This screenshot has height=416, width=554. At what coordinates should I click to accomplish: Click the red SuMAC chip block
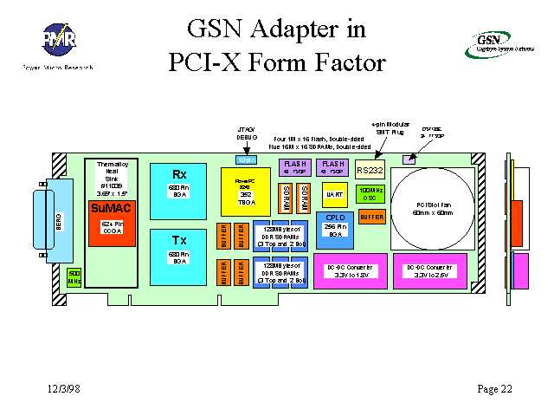click(109, 208)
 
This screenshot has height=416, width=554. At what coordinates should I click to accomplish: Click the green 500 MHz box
click(74, 276)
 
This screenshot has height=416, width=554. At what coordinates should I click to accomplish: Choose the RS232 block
click(370, 170)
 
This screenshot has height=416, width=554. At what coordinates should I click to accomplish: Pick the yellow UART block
click(334, 196)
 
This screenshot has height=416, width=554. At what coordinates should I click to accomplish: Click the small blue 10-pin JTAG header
click(246, 159)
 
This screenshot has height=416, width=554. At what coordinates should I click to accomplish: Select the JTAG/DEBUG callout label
click(247, 133)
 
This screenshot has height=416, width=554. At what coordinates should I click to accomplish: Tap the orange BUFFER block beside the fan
click(371, 217)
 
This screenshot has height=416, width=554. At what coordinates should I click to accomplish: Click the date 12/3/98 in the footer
click(66, 387)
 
